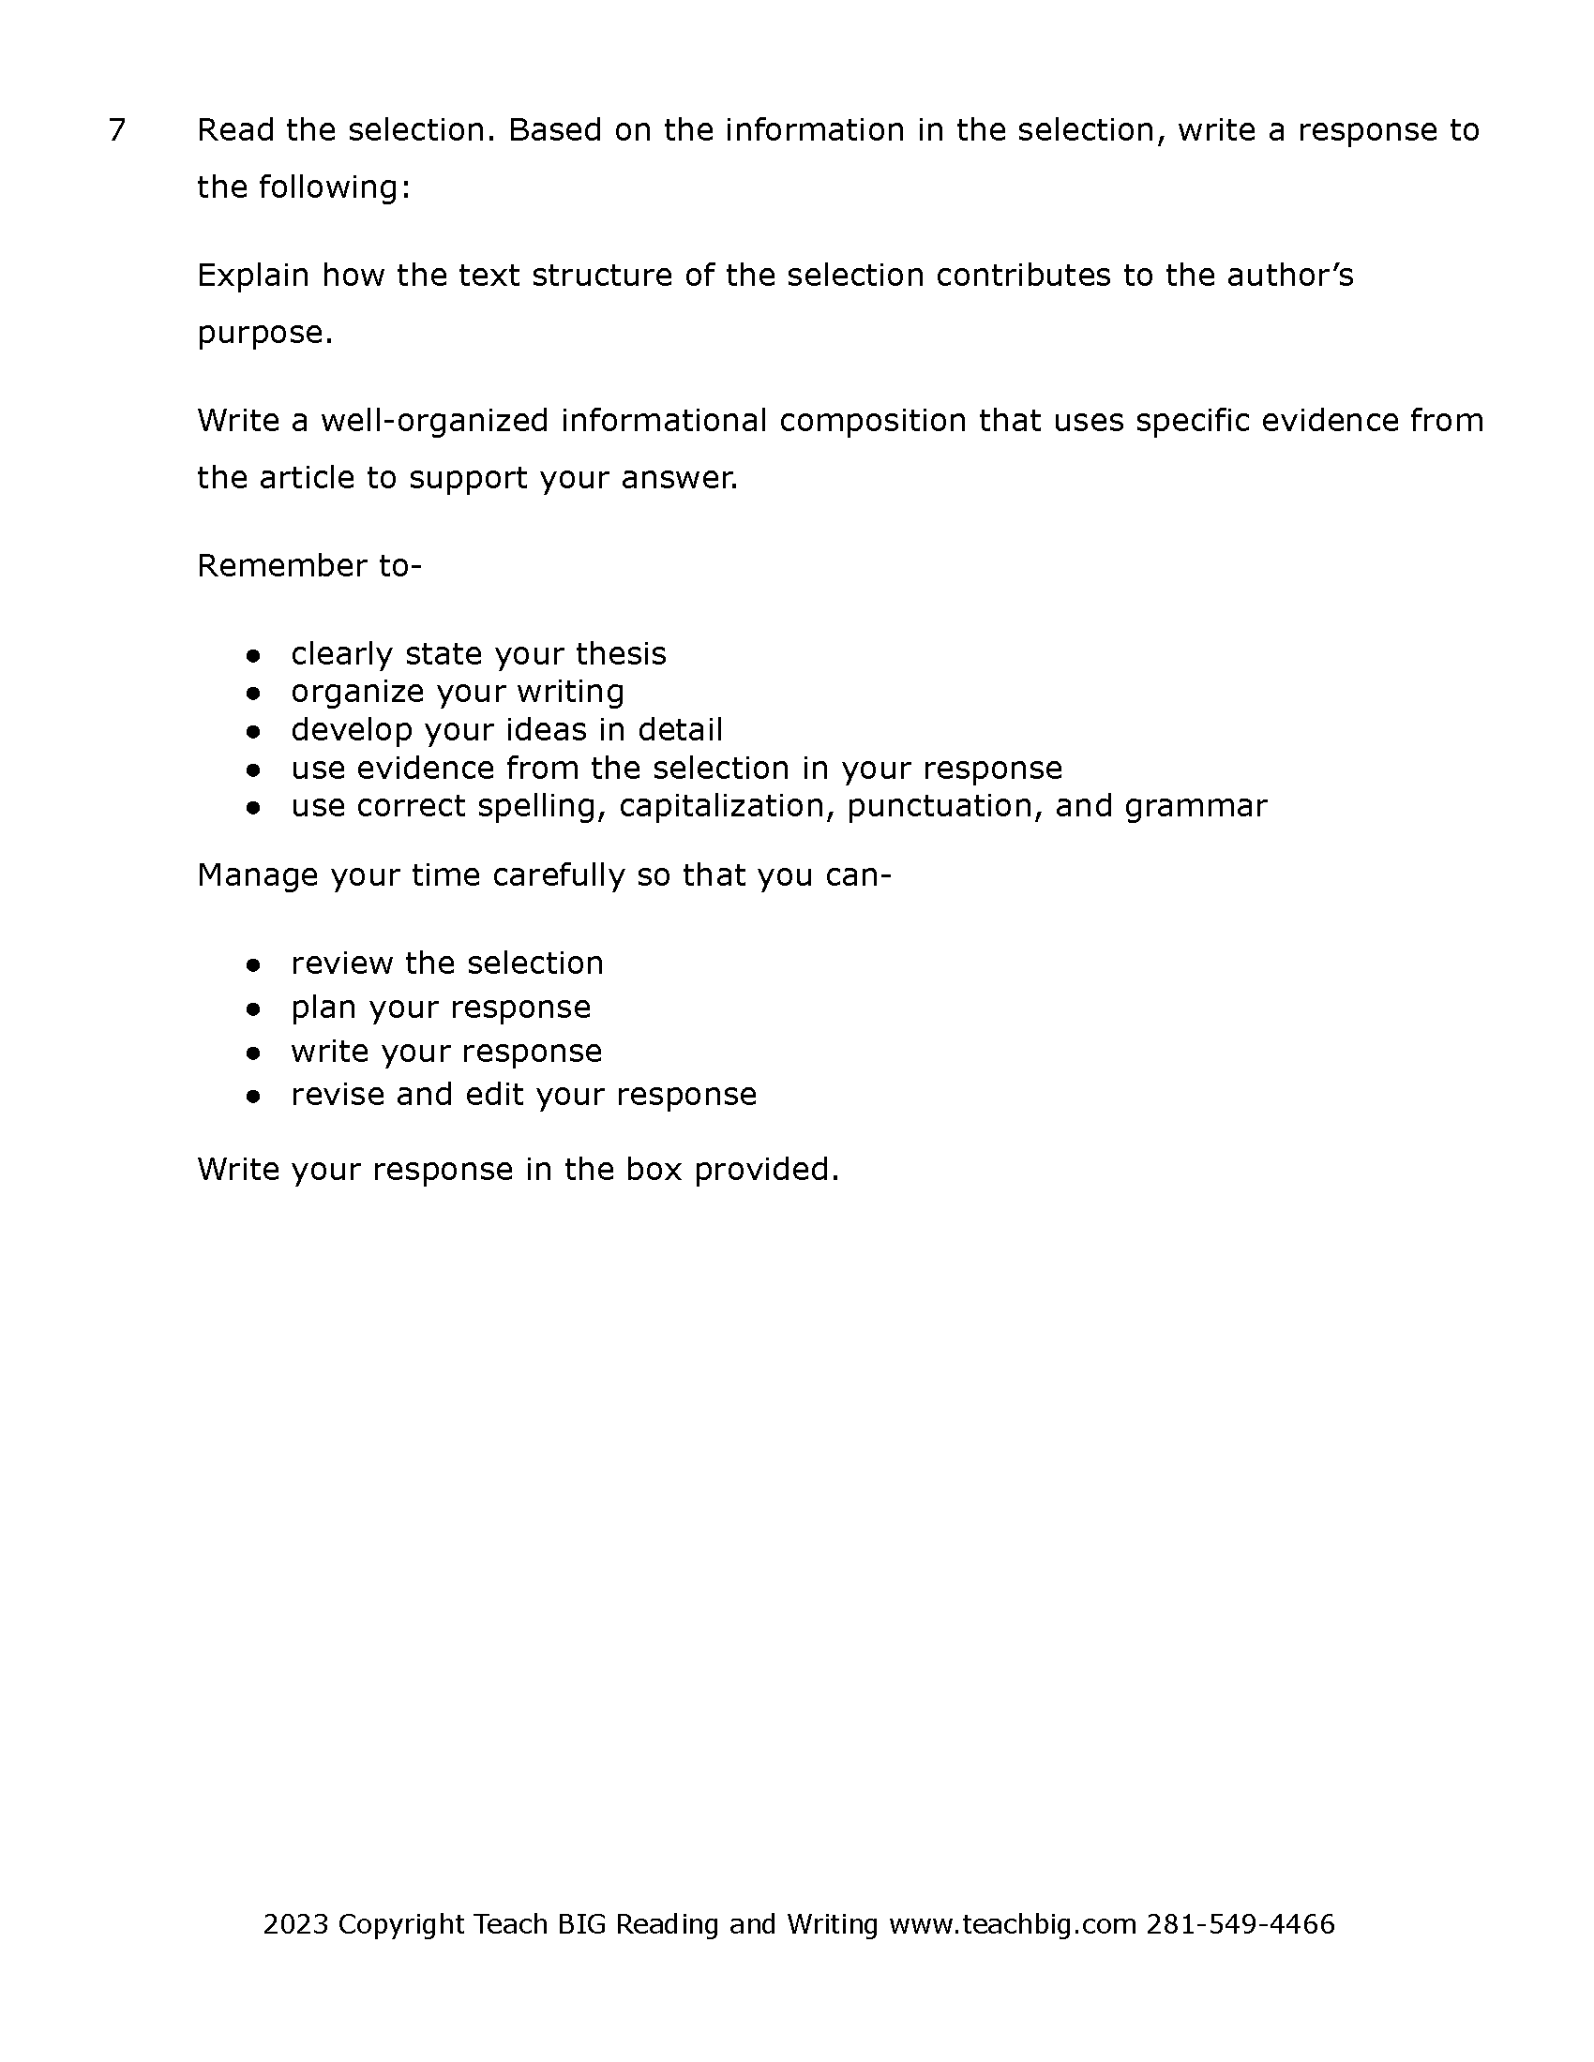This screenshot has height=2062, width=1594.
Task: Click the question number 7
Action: [x=117, y=130]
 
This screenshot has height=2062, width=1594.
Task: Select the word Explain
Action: [x=253, y=276]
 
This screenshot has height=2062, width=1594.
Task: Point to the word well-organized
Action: [x=434, y=421]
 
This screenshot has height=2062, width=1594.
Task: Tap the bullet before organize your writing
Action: [x=252, y=693]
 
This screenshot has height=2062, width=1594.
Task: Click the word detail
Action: [x=680, y=731]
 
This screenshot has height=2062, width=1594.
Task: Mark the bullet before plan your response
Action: [x=252, y=1009]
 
